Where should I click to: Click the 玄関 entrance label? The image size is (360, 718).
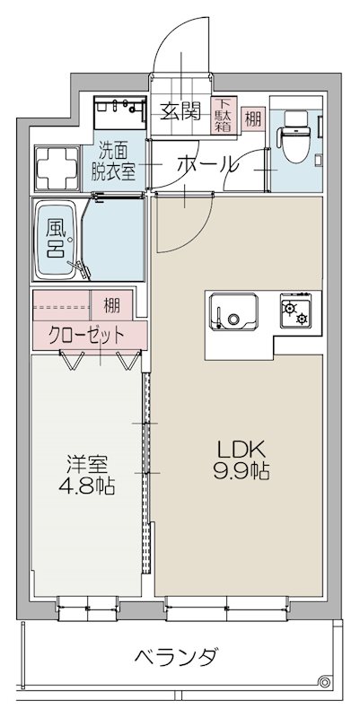180,111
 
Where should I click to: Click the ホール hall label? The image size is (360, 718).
207,165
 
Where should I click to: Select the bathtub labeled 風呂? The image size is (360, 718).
57,238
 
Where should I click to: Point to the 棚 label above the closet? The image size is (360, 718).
111,303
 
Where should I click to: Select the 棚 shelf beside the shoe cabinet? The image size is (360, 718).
254,116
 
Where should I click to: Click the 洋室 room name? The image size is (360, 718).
88,465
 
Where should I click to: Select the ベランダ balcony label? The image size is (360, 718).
175,657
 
